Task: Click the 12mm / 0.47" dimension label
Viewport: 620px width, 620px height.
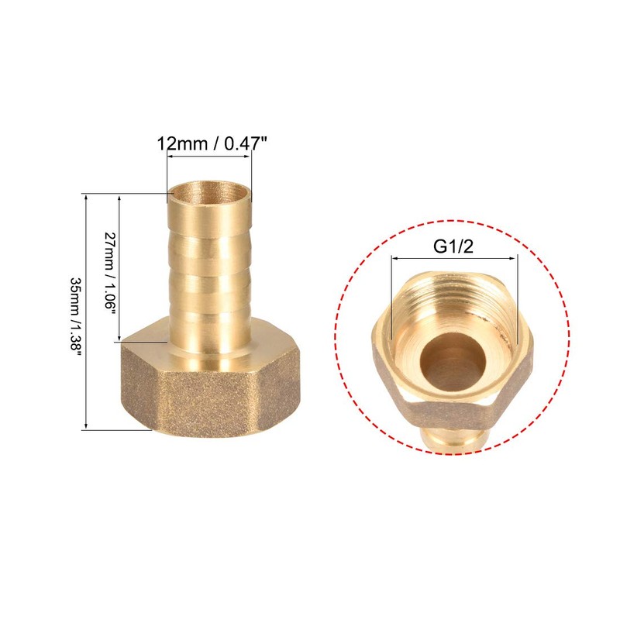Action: click(209, 145)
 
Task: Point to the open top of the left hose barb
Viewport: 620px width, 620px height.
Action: click(210, 191)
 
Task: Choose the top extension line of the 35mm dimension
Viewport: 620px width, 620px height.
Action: click(124, 194)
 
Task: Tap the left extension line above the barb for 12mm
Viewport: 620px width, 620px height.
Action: click(167, 170)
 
